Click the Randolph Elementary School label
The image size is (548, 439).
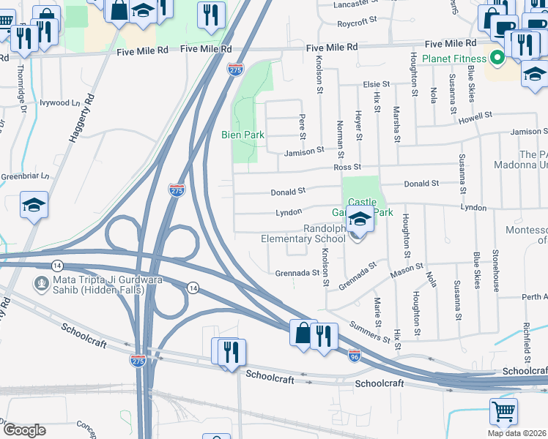pyautogui.click(x=303, y=233)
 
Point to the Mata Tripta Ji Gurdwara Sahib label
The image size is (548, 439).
pyautogui.click(x=94, y=288)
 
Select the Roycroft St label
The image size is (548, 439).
pyautogui.click(x=358, y=23)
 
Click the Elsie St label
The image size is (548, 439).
pyautogui.click(x=377, y=85)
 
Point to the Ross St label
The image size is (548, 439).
pyautogui.click(x=343, y=168)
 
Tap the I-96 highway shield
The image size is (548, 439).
pyautogui.click(x=353, y=355)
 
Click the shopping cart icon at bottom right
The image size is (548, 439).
pyautogui.click(x=503, y=411)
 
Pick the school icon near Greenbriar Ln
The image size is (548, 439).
pyautogui.click(x=34, y=205)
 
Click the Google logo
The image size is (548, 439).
pyautogui.click(x=24, y=429)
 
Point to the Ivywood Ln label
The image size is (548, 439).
pyautogui.click(x=59, y=103)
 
